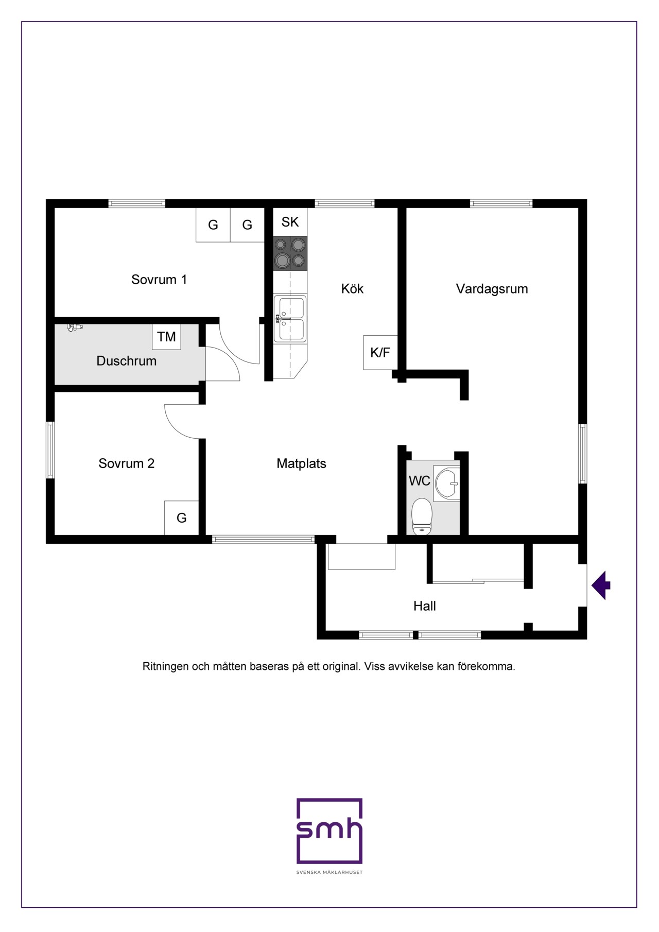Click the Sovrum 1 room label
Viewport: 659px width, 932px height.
click(159, 280)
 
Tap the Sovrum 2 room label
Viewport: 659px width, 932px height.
click(127, 463)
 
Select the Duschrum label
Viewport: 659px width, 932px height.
click(127, 361)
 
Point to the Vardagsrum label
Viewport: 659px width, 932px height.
click(492, 289)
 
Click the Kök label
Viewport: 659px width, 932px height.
click(352, 288)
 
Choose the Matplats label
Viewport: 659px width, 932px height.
click(302, 463)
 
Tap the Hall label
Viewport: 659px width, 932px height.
click(425, 606)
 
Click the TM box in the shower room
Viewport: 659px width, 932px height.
click(166, 337)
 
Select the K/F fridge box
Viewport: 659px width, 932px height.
click(380, 353)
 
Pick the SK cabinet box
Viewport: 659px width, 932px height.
click(290, 222)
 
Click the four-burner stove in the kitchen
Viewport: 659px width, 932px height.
click(290, 253)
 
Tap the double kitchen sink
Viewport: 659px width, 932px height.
click(290, 318)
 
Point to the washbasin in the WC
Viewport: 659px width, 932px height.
click(446, 484)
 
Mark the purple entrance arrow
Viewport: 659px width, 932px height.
click(601, 585)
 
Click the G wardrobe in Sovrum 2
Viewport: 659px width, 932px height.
click(182, 518)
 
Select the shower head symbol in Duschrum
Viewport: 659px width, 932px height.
click(75, 327)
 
